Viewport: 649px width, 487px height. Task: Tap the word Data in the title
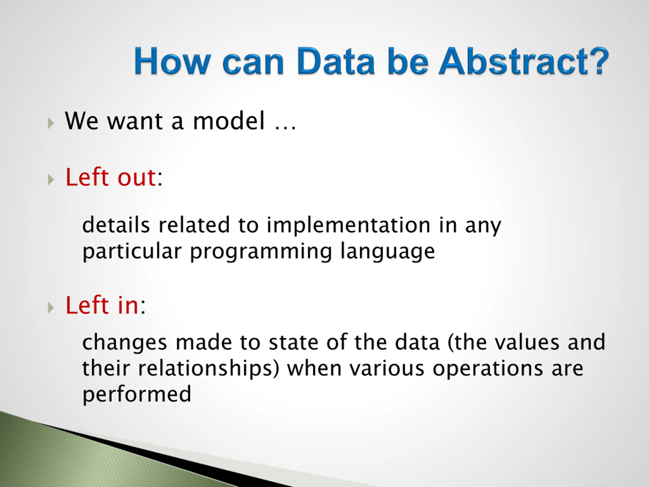coord(336,61)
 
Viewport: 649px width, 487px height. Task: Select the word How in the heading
coord(172,61)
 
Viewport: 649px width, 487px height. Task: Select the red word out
coord(137,178)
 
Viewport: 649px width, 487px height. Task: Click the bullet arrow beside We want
coord(51,123)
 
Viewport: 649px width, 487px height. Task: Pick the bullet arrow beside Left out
coord(51,179)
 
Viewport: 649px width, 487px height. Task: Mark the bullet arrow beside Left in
coord(51,308)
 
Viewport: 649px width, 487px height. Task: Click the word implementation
coord(349,225)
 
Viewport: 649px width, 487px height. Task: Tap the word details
coord(116,225)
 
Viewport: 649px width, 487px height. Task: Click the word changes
coord(125,343)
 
